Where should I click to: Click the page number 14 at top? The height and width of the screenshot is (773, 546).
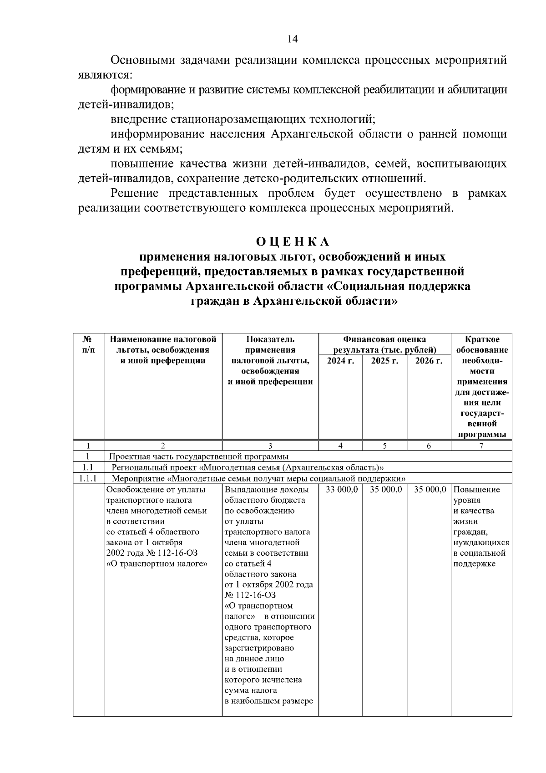293,39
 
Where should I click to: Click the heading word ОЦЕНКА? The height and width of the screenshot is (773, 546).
293,241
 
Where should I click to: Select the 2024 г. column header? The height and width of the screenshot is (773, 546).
340,361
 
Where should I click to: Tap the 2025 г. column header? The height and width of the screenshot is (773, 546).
384,361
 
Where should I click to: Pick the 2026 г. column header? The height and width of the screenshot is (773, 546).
429,361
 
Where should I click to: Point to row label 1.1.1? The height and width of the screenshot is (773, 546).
88,479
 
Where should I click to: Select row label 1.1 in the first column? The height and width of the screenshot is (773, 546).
88,467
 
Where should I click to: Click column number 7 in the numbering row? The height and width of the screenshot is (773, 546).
481,446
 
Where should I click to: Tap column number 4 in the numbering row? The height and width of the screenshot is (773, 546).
340,446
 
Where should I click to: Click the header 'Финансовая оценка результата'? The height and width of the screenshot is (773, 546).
384,345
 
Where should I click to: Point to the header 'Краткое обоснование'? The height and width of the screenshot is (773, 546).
482,345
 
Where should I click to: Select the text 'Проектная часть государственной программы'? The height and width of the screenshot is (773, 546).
198,457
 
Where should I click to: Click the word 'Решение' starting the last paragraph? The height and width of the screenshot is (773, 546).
135,194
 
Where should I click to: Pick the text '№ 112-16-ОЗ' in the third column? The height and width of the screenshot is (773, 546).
250,595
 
